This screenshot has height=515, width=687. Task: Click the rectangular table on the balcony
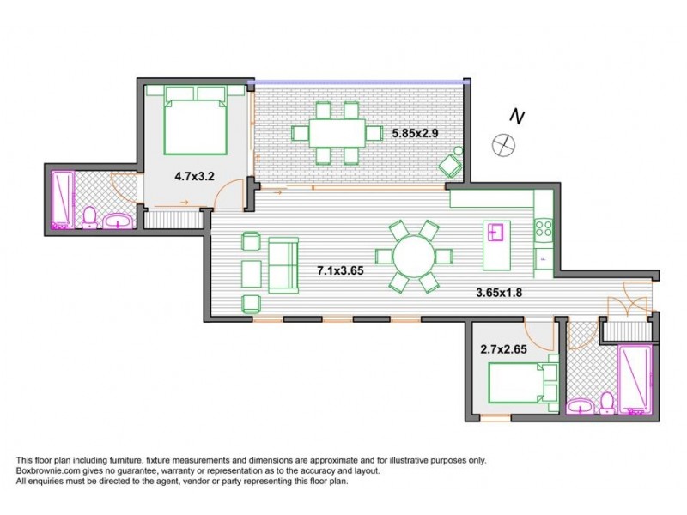[x=337, y=133]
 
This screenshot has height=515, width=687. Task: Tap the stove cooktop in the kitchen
[x=544, y=227]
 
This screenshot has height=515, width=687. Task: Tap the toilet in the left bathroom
[x=89, y=217]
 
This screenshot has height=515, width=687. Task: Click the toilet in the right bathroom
[x=607, y=402]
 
